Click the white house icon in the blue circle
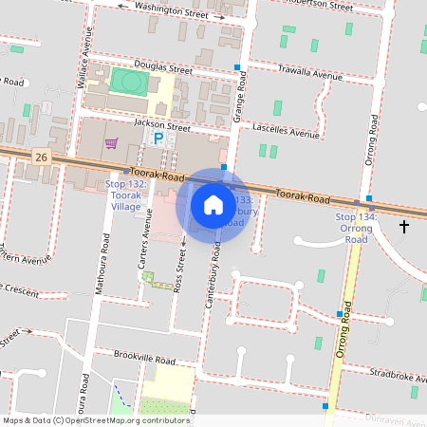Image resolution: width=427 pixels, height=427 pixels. click(213, 204)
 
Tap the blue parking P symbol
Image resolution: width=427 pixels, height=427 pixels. click(158, 139)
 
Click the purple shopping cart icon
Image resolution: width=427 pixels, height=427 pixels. click(112, 143)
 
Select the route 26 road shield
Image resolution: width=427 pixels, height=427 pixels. click(39, 156)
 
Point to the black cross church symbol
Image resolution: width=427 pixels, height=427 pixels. click(404, 226)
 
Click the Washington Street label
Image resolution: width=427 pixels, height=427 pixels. click(171, 10)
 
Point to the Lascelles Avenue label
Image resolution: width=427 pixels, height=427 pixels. click(285, 129)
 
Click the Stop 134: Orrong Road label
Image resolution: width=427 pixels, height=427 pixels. click(356, 229)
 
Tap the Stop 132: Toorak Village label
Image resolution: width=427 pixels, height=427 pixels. click(130, 195)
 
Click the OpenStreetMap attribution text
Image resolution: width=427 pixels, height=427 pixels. click(95, 420)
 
